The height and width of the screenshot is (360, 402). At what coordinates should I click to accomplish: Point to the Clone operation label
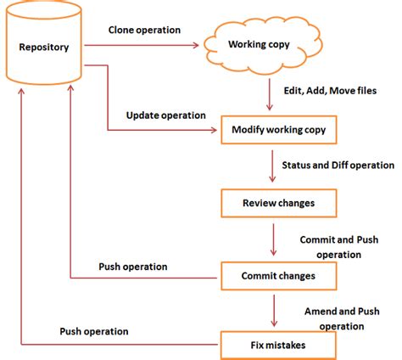pos(144,30)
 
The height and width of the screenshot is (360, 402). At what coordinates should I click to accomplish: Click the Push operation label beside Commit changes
pos(133,266)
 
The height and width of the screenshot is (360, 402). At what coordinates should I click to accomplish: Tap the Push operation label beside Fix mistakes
pos(94,331)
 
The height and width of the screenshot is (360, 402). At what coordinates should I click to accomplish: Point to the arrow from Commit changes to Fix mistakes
pos(272,311)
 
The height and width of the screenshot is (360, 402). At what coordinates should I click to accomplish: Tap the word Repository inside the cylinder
pos(44,46)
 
